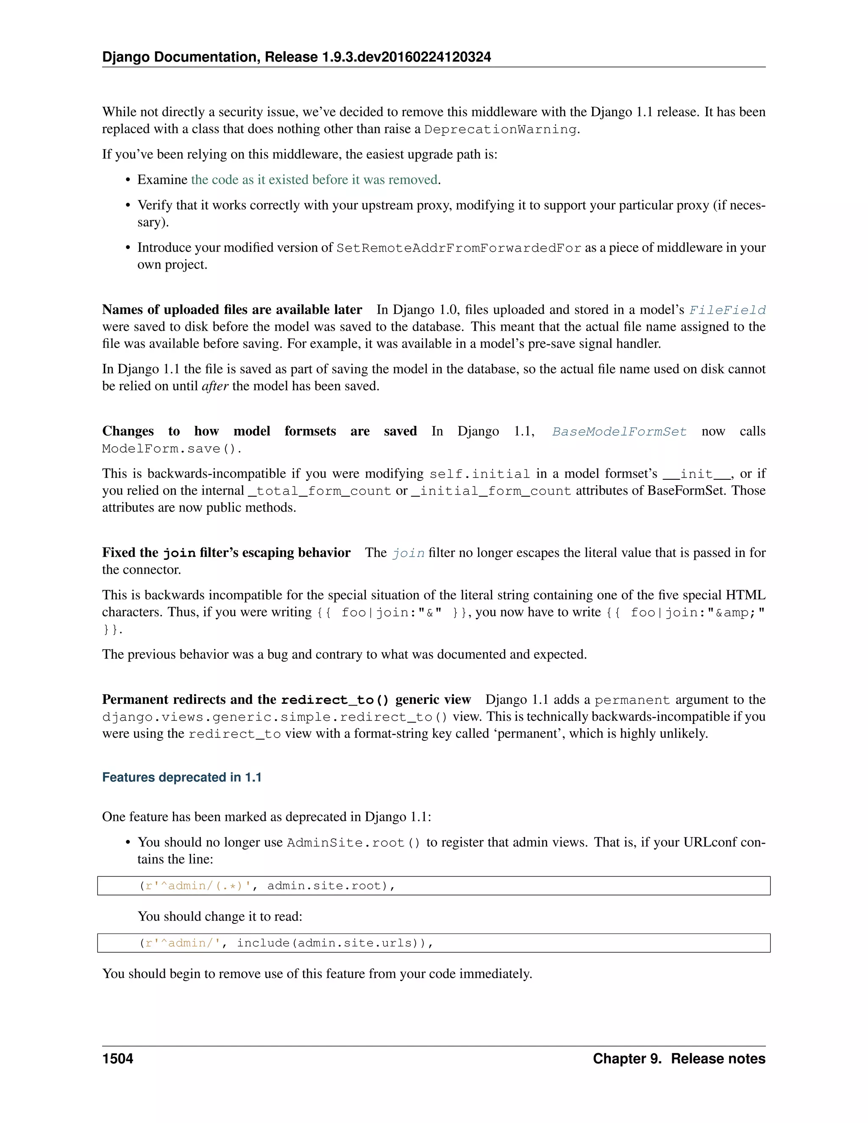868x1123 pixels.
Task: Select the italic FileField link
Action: (727, 310)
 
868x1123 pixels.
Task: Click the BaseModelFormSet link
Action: (619, 431)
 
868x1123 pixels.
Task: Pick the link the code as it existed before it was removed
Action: (314, 179)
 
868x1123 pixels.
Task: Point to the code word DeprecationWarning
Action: (500, 129)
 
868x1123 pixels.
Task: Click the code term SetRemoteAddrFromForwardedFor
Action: (459, 248)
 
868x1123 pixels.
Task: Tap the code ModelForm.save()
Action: (171, 448)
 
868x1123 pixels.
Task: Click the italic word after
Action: (214, 386)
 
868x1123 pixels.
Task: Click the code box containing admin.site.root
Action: (434, 885)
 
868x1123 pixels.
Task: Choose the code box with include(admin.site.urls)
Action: (434, 943)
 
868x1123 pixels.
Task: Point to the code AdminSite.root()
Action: (353, 843)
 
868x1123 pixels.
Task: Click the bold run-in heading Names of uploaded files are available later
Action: (232, 309)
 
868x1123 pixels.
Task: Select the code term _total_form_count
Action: (319, 491)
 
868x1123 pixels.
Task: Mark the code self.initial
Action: (479, 474)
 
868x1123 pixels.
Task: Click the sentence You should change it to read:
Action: (220, 916)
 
